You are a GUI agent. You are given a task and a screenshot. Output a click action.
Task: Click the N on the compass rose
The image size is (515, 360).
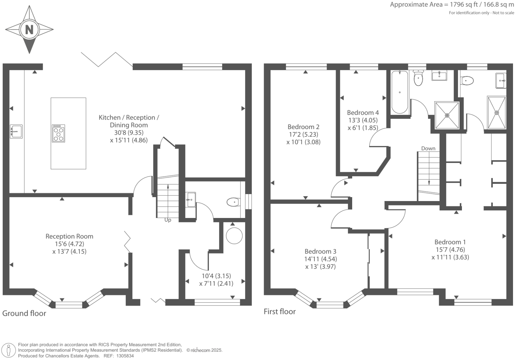point(29,30)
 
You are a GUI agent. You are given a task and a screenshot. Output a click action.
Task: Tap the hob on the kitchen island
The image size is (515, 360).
point(58,133)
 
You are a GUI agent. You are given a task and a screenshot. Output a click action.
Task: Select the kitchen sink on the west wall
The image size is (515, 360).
point(16,131)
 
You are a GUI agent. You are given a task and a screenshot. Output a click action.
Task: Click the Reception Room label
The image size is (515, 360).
point(69,236)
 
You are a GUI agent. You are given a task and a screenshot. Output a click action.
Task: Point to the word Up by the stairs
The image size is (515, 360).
point(168,220)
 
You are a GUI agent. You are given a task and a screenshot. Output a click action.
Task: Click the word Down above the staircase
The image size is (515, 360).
point(428,148)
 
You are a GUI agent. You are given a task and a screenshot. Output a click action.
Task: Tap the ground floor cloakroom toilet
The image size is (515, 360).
point(233,202)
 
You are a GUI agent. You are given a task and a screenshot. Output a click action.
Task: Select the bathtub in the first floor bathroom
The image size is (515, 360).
point(400,92)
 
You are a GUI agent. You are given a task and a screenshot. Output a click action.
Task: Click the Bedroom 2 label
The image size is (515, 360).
point(303,127)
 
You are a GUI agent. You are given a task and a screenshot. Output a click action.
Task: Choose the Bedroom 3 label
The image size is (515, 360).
point(320,251)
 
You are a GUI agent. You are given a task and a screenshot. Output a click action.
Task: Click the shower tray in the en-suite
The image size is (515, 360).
point(496,112)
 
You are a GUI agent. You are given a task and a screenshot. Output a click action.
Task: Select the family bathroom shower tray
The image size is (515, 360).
point(447,115)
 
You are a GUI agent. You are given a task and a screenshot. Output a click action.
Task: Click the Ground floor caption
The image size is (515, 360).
point(24,313)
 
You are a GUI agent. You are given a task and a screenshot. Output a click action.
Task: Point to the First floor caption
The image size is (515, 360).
point(280,312)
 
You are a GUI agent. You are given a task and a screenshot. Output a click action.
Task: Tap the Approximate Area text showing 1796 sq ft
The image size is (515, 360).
point(452,5)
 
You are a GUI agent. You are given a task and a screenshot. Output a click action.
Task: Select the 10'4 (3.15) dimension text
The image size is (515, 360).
point(216,276)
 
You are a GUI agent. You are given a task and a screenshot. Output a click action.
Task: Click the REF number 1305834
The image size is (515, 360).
point(124,356)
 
